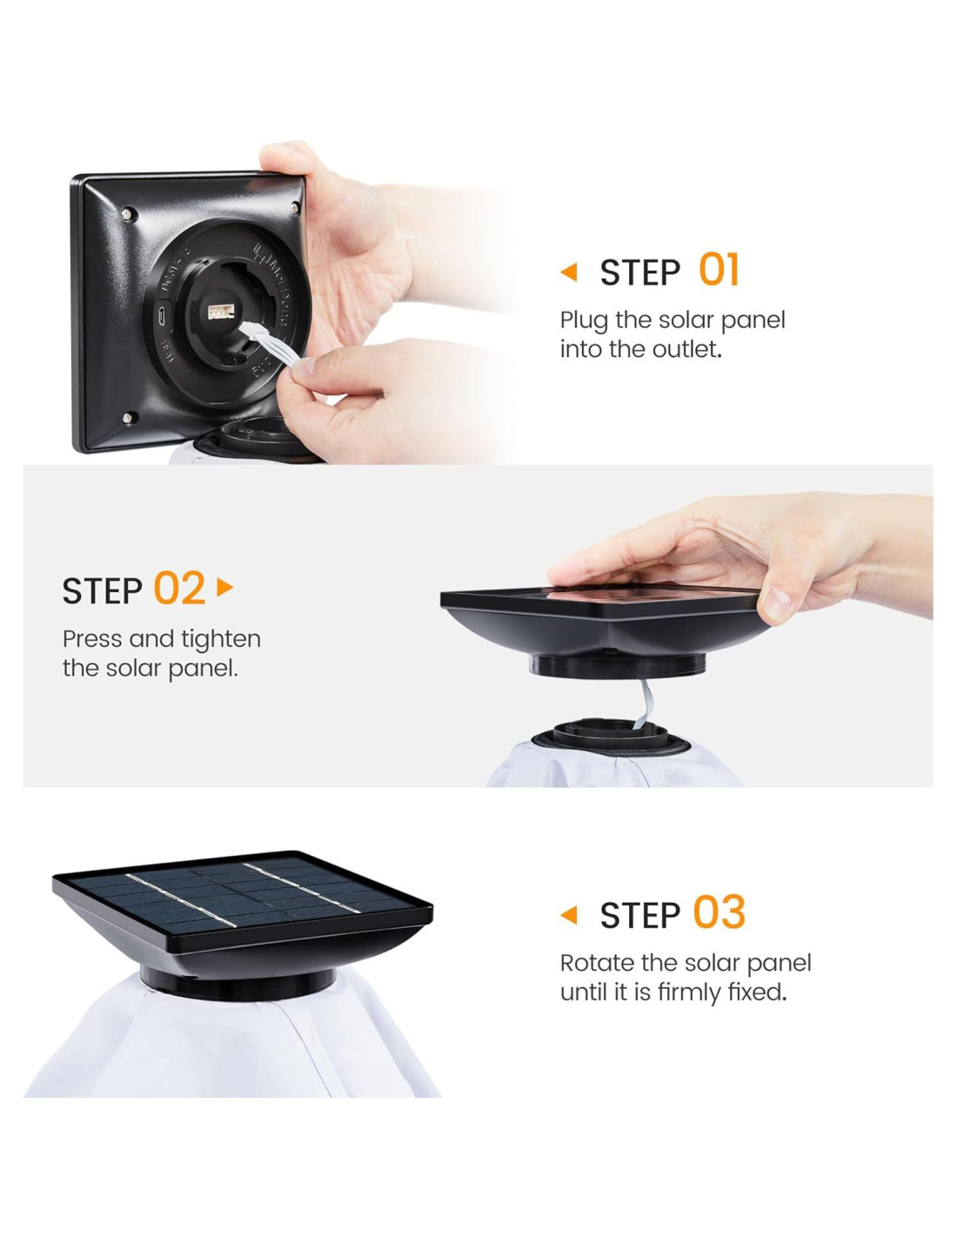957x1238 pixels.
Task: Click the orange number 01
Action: (719, 270)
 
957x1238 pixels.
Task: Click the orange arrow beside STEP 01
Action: (569, 272)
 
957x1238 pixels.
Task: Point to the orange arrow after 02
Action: (224, 588)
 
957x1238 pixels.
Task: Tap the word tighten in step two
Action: (222, 641)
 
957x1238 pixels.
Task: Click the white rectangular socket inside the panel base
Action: (221, 311)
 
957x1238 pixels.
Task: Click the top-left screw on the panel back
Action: (128, 214)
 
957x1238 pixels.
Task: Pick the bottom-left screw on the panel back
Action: (129, 418)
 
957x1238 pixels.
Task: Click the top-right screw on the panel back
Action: (295, 208)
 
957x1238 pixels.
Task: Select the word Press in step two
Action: (92, 639)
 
